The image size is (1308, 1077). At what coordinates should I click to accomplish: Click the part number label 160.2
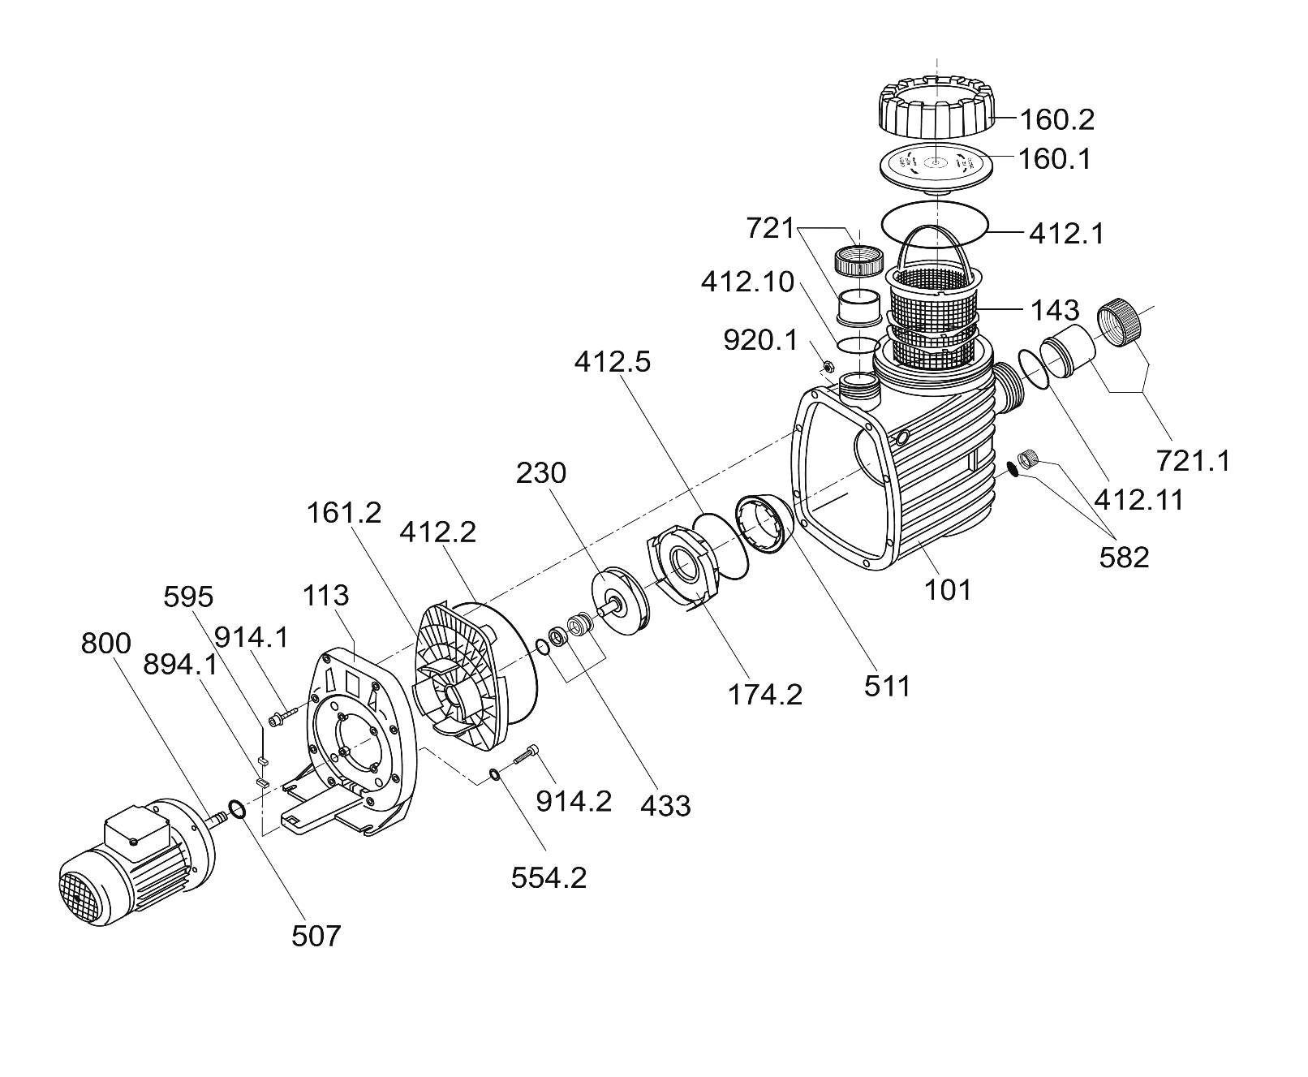click(1056, 120)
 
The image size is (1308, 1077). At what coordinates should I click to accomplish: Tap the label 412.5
click(612, 362)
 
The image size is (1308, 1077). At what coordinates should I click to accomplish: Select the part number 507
click(316, 936)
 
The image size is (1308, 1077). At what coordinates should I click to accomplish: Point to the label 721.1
click(1194, 461)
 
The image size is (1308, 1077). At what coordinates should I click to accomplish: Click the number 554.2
click(549, 877)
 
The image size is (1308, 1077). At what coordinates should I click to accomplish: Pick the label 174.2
click(765, 694)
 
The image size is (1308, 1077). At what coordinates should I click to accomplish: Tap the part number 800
click(105, 644)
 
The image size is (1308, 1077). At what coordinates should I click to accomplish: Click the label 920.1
click(761, 341)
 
